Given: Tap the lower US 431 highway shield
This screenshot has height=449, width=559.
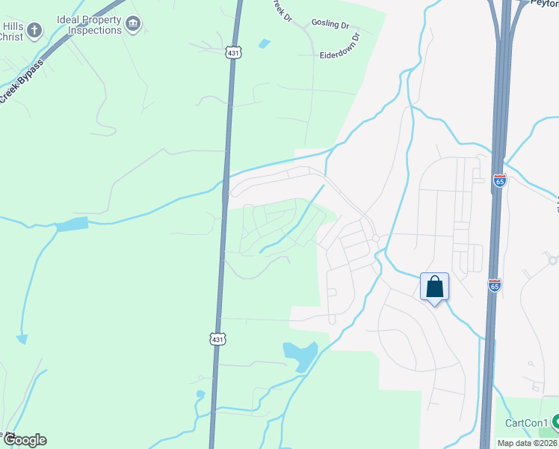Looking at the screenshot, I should tap(217, 339).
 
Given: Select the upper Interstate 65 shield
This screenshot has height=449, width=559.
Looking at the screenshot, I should tap(499, 180).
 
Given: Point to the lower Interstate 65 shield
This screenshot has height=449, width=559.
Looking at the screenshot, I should tap(494, 285).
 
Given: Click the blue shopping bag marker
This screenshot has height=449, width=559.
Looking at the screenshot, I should tap(434, 287).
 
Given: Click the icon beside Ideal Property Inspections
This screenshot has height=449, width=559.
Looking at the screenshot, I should tap(133, 25).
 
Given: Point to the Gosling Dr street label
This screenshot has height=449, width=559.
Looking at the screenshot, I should tap(330, 25).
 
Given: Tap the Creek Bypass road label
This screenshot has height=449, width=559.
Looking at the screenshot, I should tap(22, 82).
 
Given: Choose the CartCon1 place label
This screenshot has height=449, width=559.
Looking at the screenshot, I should tap(526, 423).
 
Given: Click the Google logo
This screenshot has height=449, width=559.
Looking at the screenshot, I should tap(25, 440).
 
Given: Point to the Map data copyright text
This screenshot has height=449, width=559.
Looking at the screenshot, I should tap(527, 443).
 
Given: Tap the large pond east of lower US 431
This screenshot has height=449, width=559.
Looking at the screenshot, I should tap(300, 354).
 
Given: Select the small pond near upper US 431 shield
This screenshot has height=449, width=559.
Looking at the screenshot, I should tap(264, 43).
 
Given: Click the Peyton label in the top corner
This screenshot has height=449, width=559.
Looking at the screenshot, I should tap(544, 3).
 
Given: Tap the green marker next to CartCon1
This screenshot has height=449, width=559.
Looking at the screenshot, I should tap(555, 423).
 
